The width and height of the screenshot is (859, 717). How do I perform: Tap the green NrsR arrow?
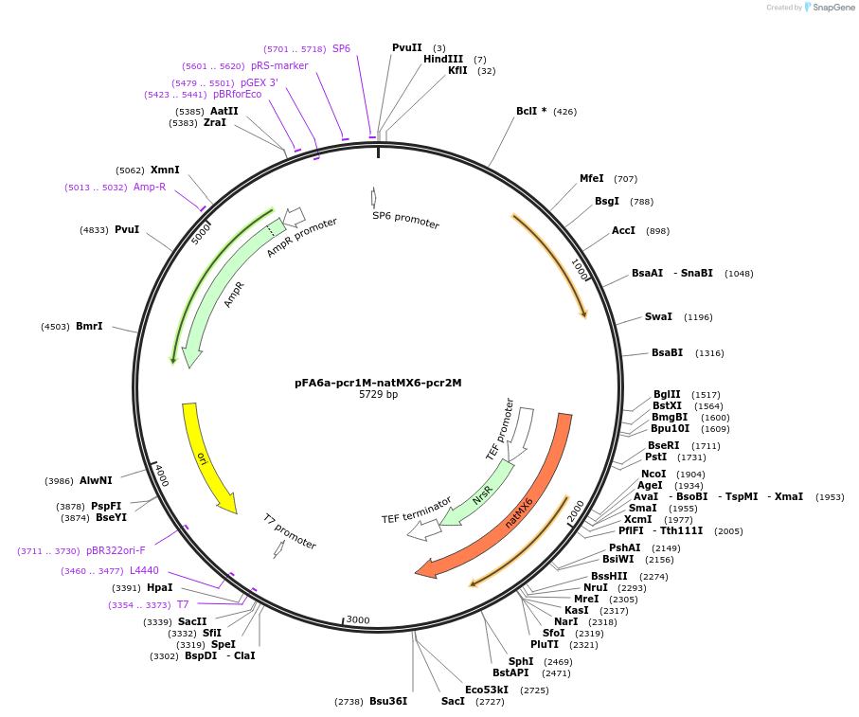coord(479,493)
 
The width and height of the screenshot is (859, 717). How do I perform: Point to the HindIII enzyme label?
coord(443,59)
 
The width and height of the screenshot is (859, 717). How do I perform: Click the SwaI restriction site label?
coord(658,316)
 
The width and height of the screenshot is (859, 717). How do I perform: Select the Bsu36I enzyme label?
coord(388,701)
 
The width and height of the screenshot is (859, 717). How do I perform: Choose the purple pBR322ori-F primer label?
coord(116,550)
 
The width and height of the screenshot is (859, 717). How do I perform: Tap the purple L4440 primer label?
coord(144,570)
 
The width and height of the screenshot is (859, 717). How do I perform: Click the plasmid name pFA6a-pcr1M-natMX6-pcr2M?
coord(378,383)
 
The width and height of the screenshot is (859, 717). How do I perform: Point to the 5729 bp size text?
coord(378,395)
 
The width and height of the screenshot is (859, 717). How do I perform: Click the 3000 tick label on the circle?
coord(357,620)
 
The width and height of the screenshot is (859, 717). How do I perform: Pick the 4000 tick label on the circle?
coord(161,475)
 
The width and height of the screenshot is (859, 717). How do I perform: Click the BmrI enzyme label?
coord(89,326)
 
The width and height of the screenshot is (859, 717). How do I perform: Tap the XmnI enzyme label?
coord(164,170)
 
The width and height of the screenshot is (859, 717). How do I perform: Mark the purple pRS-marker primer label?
coord(279,65)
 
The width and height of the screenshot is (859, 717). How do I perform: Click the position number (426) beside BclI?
coord(564,112)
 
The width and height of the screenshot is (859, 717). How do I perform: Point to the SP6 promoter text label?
coord(405,221)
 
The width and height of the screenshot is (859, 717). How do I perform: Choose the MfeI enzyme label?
coord(591,178)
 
